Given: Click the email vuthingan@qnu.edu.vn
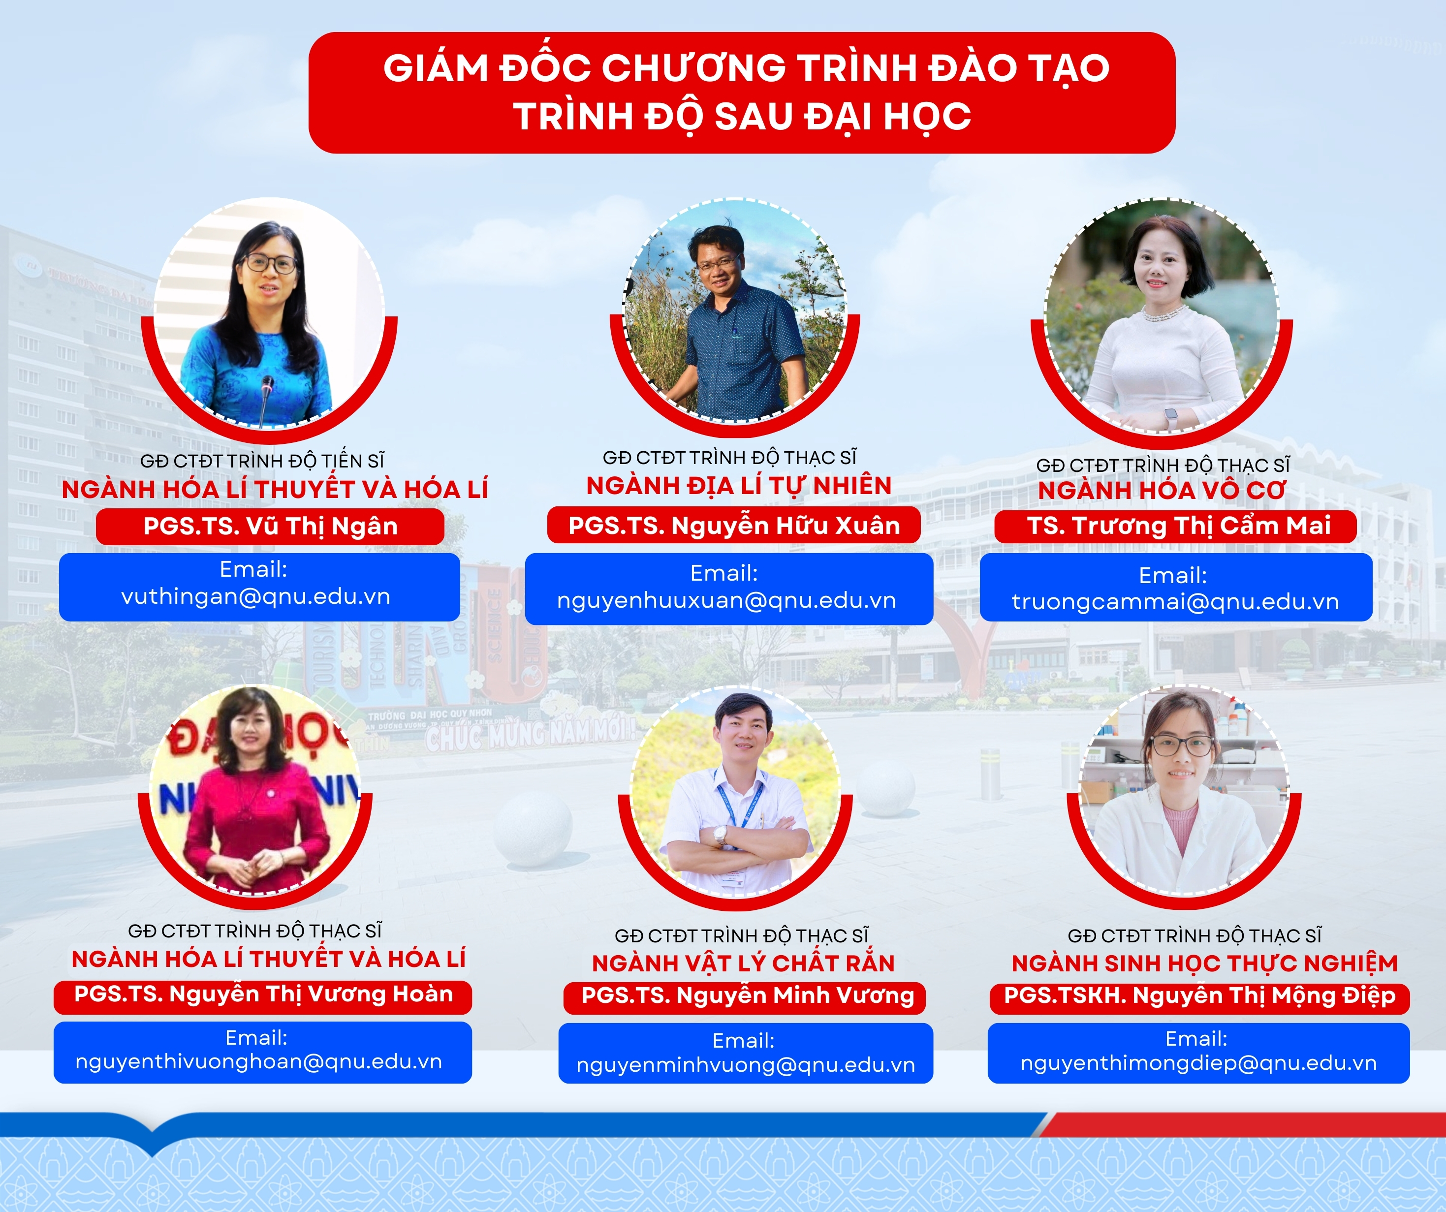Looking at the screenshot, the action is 255,596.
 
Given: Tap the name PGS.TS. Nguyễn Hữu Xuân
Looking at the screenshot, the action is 734,526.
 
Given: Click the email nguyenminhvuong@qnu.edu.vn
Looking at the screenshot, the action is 746,1065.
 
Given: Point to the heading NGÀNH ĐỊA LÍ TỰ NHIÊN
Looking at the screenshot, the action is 739,486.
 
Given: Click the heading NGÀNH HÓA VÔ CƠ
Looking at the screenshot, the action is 1162,490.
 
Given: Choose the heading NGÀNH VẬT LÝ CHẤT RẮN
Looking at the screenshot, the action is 743,963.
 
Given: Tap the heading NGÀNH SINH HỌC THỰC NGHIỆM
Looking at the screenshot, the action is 1204,963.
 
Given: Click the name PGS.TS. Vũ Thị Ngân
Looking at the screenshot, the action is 271,526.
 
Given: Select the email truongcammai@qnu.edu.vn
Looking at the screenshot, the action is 1175,602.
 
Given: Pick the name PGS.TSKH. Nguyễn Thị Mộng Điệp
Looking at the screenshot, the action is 1199,996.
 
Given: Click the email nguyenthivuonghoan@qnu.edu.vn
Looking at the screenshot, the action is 259,1062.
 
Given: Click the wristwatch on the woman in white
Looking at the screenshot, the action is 1170,416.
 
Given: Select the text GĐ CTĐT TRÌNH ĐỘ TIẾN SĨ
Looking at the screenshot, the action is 262,461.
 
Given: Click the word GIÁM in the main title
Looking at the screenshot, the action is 436,68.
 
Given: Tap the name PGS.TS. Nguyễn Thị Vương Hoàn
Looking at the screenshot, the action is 264,994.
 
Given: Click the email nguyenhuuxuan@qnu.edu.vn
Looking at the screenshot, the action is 726,600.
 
